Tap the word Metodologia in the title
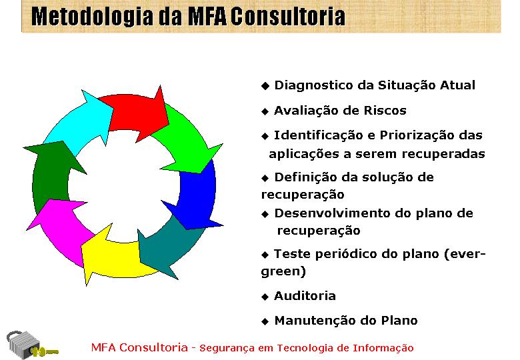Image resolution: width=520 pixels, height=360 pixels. (93, 17)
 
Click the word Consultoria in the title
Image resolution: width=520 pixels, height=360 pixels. (288, 16)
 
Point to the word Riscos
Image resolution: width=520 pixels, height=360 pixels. (385, 111)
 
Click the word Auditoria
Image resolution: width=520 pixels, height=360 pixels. (305, 296)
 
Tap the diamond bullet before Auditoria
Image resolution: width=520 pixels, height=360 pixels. (265, 297)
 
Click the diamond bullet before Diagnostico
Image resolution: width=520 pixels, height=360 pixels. (265, 86)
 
